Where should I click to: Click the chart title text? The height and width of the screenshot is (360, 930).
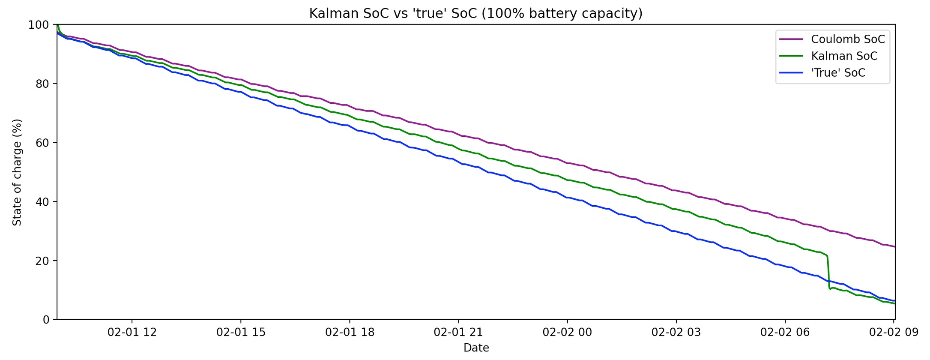click(x=475, y=14)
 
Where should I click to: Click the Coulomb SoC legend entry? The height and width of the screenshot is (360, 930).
click(x=847, y=39)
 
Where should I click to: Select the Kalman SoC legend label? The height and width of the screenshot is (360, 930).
click(x=844, y=56)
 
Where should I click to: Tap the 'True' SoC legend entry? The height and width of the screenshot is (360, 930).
click(x=838, y=73)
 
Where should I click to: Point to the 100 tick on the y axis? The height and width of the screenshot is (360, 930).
click(x=39, y=25)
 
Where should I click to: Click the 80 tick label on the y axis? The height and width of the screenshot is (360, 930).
click(x=42, y=84)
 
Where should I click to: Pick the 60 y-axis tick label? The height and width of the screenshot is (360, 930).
click(x=42, y=143)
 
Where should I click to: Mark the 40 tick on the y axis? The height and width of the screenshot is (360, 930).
click(x=42, y=201)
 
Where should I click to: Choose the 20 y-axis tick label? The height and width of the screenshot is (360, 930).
click(x=42, y=261)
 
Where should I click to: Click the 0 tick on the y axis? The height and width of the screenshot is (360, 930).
click(x=46, y=320)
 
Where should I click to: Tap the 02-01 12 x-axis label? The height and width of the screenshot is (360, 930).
click(x=132, y=333)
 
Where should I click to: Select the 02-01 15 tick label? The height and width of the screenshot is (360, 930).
click(x=241, y=333)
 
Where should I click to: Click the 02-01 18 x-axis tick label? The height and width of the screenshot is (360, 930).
click(x=350, y=333)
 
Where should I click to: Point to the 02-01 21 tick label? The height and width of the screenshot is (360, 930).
click(x=458, y=333)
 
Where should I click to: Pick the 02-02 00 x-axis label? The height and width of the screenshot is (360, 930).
click(x=567, y=333)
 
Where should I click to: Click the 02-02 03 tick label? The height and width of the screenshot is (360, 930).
click(x=676, y=333)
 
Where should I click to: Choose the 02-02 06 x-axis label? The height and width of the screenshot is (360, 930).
click(x=785, y=333)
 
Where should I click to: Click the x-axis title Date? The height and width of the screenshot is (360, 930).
click(x=476, y=348)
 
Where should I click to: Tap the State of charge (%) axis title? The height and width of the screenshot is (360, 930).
click(x=17, y=172)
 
